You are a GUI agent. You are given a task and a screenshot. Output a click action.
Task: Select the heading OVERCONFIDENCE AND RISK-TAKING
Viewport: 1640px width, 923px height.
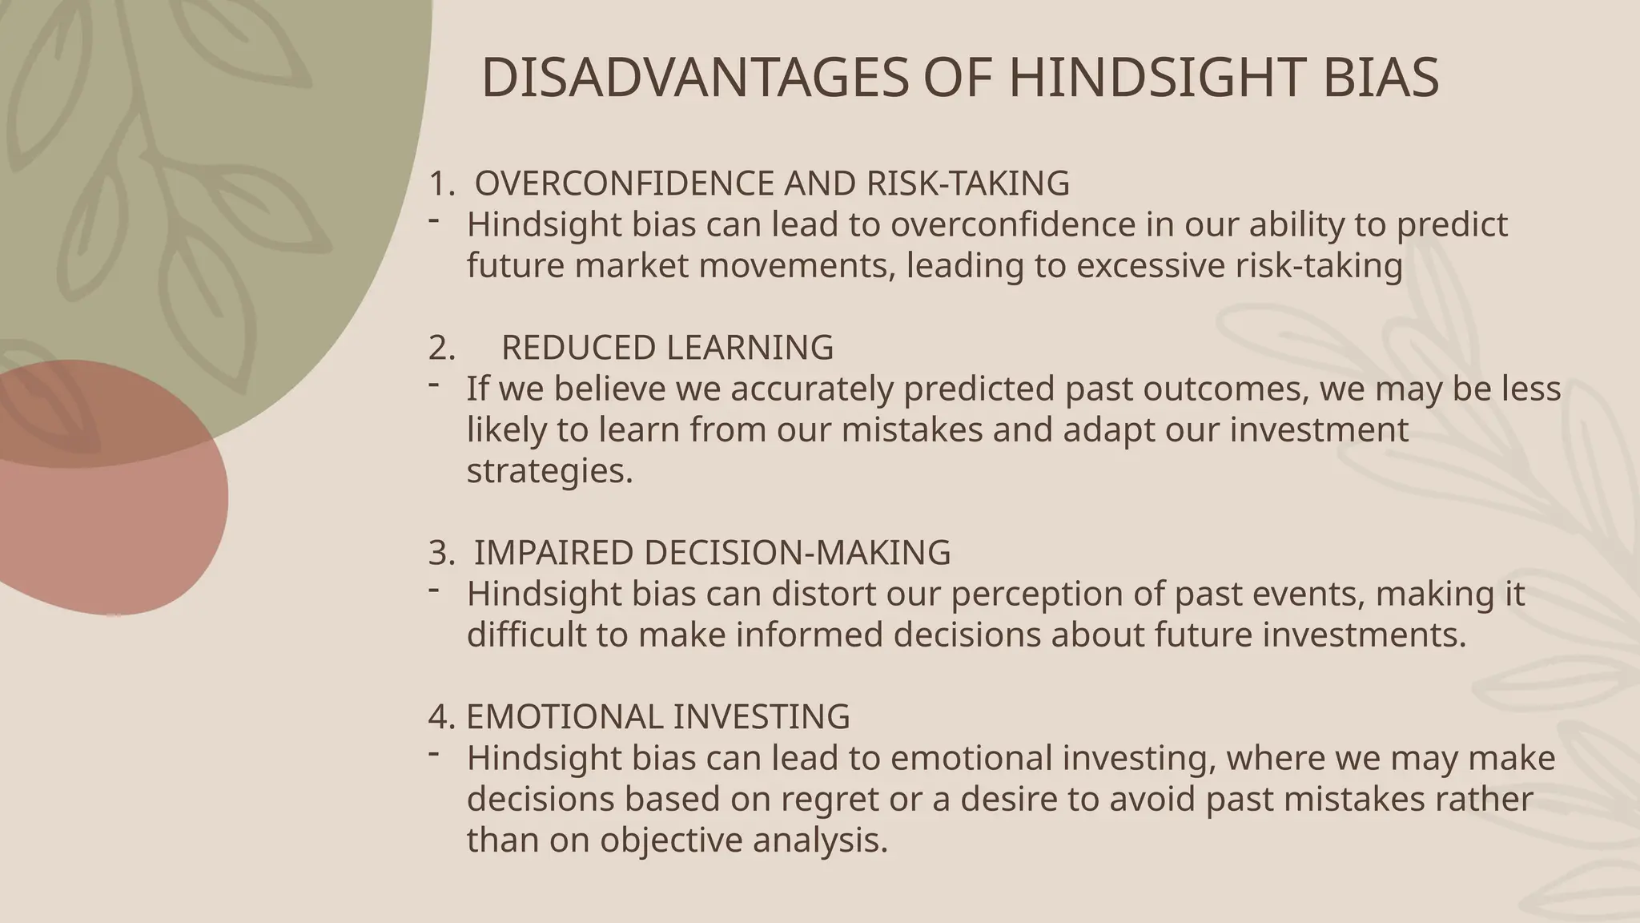(772, 183)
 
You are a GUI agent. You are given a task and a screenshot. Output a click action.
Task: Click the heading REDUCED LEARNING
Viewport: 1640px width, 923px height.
(667, 348)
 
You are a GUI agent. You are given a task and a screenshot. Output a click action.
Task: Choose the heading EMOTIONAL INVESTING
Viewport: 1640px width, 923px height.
(657, 716)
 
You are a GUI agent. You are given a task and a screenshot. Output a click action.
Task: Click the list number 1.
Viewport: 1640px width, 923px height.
(441, 183)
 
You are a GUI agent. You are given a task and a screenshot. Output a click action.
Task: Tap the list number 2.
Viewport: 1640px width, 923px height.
(441, 348)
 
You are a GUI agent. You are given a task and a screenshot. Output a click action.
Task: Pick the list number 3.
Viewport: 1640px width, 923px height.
(441, 553)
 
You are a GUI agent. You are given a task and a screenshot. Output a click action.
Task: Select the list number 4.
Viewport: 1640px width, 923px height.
(441, 716)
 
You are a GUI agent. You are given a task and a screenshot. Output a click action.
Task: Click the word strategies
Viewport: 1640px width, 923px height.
(549, 470)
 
